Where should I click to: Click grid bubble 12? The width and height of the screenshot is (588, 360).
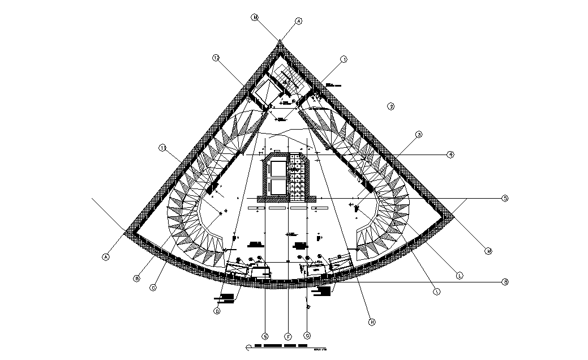216,58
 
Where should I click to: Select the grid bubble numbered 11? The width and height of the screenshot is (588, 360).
162,148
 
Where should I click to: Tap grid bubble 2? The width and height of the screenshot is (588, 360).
390,106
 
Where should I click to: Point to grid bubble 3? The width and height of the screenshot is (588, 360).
419,135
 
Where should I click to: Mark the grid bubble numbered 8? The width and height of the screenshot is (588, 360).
506,281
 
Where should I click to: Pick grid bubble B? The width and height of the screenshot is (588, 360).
136,278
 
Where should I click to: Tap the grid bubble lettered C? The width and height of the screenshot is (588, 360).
153,288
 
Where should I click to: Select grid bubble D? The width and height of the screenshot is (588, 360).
217,311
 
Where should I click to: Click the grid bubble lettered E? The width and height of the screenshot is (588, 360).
265,336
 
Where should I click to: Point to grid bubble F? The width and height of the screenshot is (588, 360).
288,336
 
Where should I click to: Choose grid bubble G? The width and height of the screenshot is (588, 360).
307,336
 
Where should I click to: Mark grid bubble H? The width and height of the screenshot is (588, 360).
372,322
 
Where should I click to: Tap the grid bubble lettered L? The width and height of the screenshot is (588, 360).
460,276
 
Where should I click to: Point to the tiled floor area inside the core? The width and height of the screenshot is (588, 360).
295,177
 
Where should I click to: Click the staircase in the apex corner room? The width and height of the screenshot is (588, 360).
292,79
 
